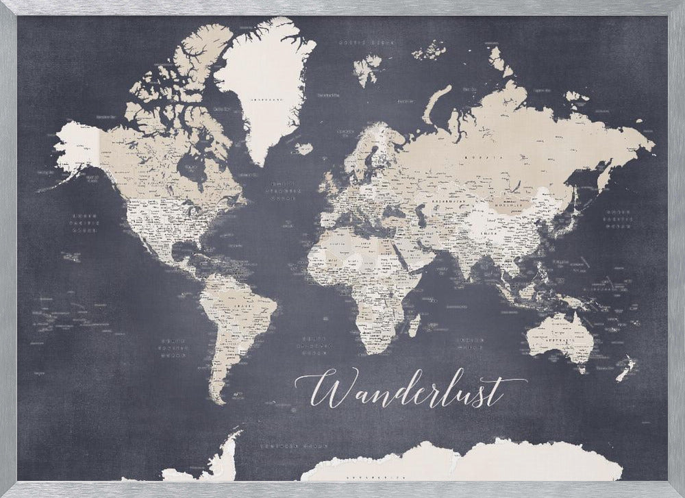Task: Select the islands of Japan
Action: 574,208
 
